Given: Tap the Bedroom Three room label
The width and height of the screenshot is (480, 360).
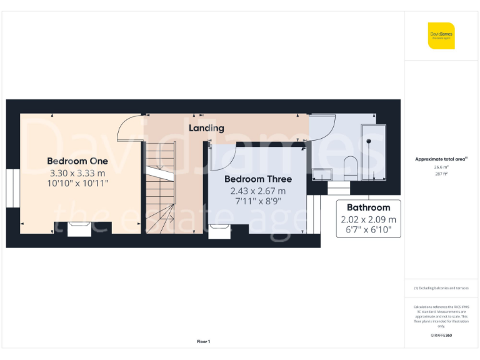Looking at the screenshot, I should pos(257,179).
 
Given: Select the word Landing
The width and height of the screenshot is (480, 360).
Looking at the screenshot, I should pos(207,128).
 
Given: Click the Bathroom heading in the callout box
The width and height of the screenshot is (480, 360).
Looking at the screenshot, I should pos(369,207).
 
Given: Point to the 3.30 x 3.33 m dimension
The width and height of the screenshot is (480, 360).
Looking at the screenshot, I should pos(77,172).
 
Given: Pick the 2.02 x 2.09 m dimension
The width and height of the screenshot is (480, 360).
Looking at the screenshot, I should pos(369,219).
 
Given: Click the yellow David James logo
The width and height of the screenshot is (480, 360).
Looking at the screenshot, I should pos(441,35).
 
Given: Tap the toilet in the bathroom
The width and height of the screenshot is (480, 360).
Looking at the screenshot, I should pos(350,167).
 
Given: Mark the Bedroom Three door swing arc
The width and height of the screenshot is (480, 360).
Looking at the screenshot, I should pos(222,156).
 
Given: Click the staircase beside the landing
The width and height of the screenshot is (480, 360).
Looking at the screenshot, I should pos(161,187).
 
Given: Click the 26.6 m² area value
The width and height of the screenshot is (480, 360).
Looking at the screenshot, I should pos(441,167).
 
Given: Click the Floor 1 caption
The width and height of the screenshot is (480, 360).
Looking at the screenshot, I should pos(203,341).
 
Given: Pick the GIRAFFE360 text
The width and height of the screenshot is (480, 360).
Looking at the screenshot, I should pos(441,336).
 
